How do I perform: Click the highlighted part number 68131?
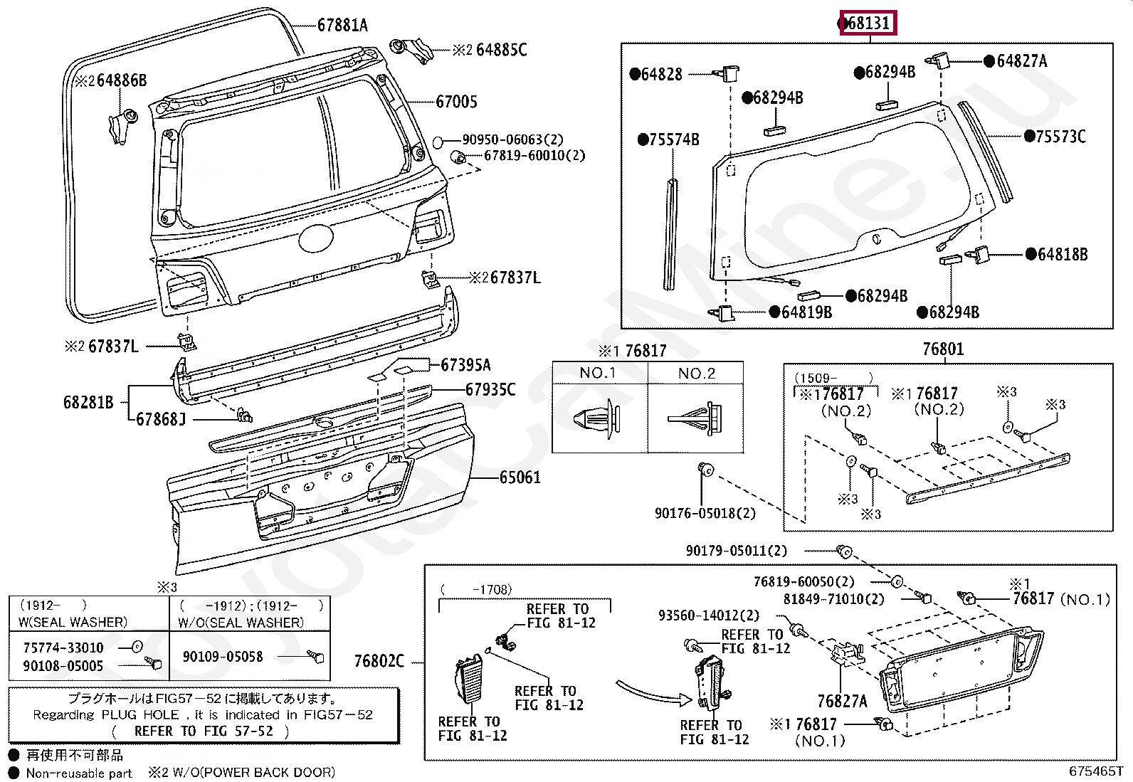[868, 23]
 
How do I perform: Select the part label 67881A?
[342, 25]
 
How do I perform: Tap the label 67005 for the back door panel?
[456, 102]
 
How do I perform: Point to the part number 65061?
[520, 477]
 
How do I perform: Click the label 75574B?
[674, 139]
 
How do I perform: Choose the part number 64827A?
[1022, 61]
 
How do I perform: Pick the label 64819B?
[807, 312]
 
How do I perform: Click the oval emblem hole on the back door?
[316, 238]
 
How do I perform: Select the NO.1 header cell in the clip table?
[598, 373]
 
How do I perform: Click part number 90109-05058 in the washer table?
[223, 657]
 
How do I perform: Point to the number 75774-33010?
[63, 648]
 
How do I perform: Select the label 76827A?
[842, 701]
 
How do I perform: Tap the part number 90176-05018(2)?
[705, 514]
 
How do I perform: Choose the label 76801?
[943, 349]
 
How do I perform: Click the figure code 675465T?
[1095, 771]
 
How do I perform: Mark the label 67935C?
[490, 389]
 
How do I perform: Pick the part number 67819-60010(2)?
[534, 155]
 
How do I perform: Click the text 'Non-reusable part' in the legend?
[79, 773]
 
